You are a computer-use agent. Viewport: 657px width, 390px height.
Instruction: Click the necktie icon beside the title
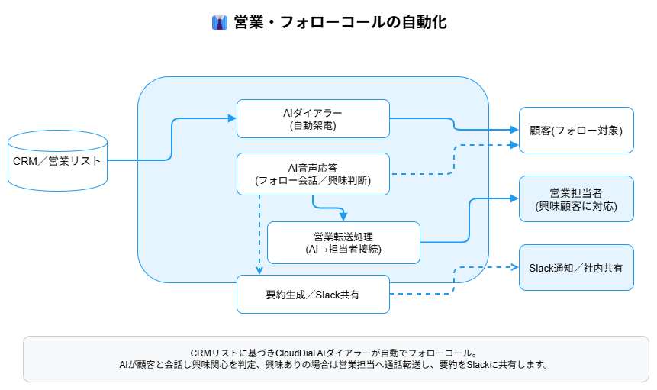click(220, 22)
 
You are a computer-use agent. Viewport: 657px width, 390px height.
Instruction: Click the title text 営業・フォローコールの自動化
click(340, 22)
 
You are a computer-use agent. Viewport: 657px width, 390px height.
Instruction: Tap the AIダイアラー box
click(313, 118)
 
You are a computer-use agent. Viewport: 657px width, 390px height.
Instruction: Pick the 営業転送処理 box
click(343, 242)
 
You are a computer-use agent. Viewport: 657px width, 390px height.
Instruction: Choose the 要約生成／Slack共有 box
click(313, 294)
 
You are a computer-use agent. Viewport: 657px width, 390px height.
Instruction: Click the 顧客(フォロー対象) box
click(576, 131)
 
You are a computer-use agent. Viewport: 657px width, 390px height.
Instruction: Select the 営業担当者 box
click(576, 198)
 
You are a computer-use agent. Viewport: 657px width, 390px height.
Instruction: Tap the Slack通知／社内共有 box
click(576, 268)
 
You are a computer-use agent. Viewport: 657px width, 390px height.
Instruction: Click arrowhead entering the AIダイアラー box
click(233, 118)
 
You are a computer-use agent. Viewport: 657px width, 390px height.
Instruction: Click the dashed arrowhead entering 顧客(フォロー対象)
click(514, 144)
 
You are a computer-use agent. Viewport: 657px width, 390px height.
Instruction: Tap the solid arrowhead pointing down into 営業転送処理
click(343, 217)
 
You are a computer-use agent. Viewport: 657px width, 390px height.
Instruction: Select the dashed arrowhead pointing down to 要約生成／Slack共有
click(259, 270)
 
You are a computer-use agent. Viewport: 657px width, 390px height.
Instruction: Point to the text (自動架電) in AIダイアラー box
click(313, 125)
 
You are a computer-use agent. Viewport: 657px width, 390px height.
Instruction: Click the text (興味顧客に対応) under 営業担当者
click(576, 206)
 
